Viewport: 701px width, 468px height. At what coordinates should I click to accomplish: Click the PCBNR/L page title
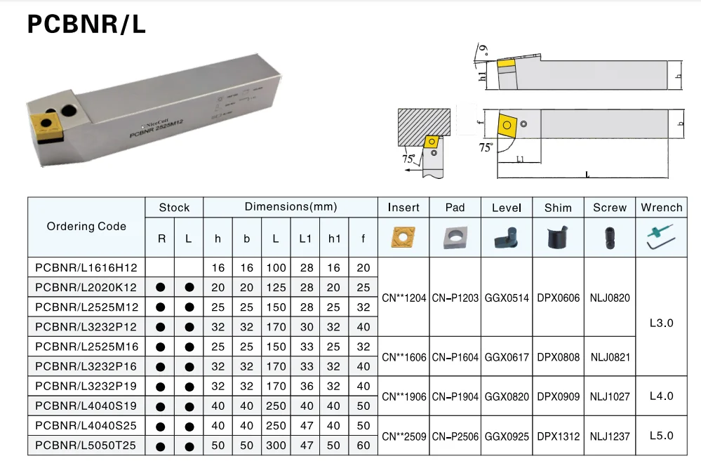pyautogui.click(x=86, y=25)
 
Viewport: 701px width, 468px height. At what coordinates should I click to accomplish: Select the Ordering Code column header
pyautogui.click(x=86, y=226)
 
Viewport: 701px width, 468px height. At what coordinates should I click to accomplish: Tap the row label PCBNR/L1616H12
pyautogui.click(x=86, y=267)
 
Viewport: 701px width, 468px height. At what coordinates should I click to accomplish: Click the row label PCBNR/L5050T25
pyautogui.click(x=86, y=445)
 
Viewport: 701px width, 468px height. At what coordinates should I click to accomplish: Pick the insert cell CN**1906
pyautogui.click(x=403, y=396)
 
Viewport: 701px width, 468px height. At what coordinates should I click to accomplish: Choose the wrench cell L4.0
pyautogui.click(x=661, y=396)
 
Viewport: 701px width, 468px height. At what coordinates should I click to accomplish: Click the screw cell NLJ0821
pyautogui.click(x=610, y=357)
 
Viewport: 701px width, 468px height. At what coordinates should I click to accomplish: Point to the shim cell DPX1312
pyautogui.click(x=558, y=436)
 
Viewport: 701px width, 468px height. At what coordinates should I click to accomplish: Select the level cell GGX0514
pyautogui.click(x=507, y=297)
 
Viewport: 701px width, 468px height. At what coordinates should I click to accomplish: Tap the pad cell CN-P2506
pyautogui.click(x=455, y=436)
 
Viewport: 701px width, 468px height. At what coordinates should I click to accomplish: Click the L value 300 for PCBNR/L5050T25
pyautogui.click(x=276, y=445)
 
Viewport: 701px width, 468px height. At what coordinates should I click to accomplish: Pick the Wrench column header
pyautogui.click(x=661, y=207)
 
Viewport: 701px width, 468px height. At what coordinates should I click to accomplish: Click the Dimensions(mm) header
pyautogui.click(x=291, y=207)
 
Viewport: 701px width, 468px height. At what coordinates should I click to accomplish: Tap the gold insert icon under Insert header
pyautogui.click(x=403, y=238)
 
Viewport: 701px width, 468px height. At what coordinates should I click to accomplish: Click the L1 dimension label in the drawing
pyautogui.click(x=519, y=160)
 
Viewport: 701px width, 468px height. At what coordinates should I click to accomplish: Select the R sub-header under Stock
pyautogui.click(x=161, y=239)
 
